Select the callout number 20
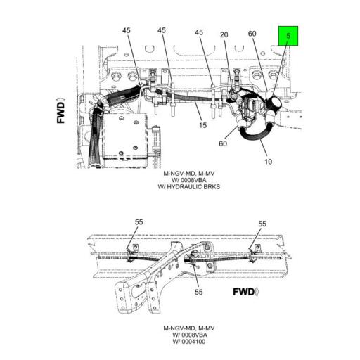(x=224, y=35)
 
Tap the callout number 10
(x=268, y=162)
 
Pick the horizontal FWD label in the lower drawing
(x=246, y=290)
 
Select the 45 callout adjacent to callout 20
(x=199, y=32)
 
